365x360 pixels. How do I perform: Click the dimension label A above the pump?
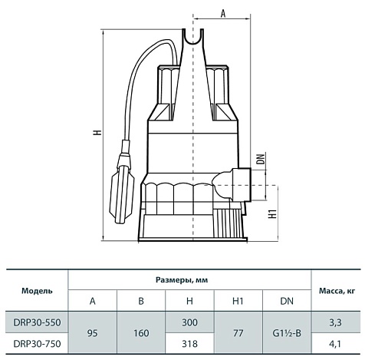[223, 11]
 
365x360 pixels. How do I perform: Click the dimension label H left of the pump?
[97, 133]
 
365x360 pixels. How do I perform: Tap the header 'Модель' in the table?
[37, 291]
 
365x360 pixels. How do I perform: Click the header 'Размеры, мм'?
[190, 279]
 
